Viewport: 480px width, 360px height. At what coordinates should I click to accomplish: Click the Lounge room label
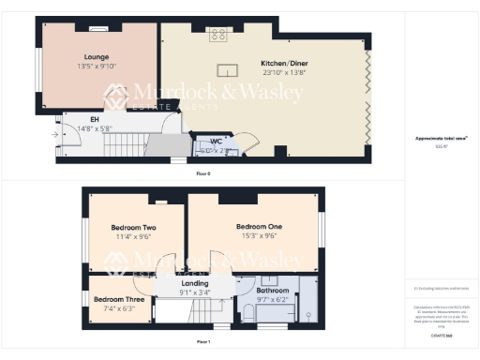click(97, 57)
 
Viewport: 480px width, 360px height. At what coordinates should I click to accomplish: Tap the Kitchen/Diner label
click(284, 63)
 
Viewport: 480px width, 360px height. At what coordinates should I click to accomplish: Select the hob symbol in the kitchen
click(218, 36)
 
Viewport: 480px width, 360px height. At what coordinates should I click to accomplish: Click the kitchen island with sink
click(226, 67)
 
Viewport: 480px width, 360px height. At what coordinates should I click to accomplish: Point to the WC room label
click(216, 141)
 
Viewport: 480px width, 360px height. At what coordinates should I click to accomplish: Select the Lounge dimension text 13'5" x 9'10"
click(97, 67)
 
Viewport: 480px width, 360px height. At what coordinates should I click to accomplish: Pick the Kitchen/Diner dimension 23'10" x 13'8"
click(284, 72)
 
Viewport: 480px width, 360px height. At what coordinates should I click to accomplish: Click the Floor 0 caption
click(203, 173)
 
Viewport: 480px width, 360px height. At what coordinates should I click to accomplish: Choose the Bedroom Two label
click(133, 228)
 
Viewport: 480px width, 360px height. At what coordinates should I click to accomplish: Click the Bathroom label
click(274, 290)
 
